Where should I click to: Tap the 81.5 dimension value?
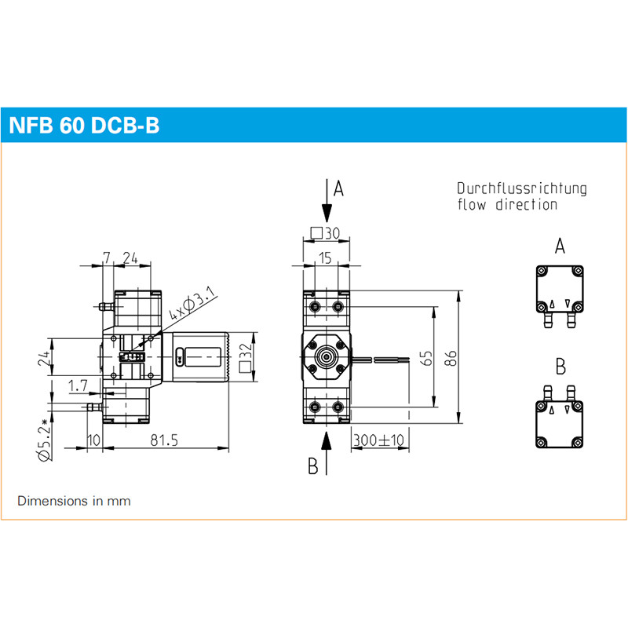pos(164,441)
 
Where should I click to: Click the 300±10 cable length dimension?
pos(378,440)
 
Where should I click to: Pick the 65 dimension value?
pos(426,358)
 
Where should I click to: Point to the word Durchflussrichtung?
pos(522,188)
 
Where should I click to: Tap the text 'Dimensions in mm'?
pos(74,500)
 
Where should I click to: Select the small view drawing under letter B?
pos(559,417)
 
